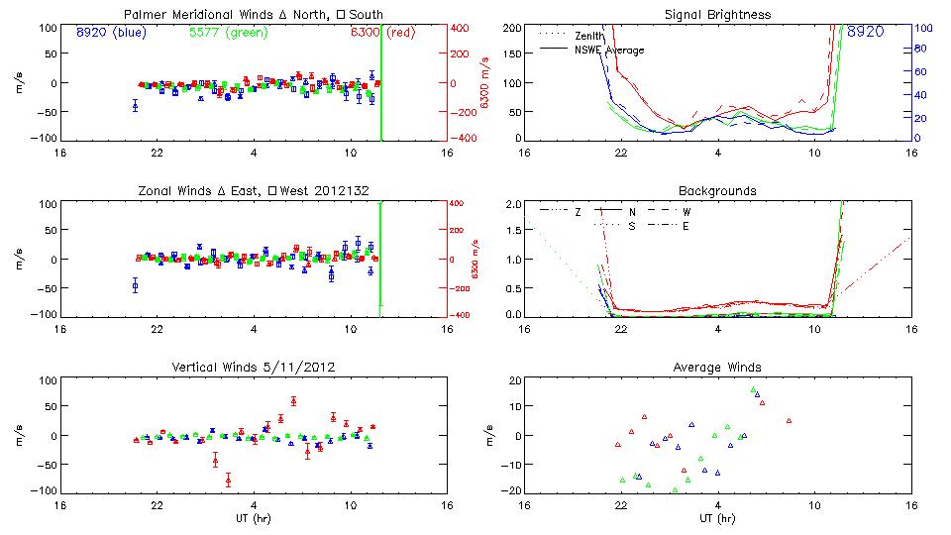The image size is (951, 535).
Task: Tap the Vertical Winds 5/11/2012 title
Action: coord(253,368)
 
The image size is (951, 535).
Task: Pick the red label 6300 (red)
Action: coord(383,33)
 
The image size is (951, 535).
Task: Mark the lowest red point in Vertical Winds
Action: coord(228,481)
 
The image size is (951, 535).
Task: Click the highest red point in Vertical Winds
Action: coord(293,401)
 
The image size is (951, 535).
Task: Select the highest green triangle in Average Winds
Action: coord(753,390)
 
